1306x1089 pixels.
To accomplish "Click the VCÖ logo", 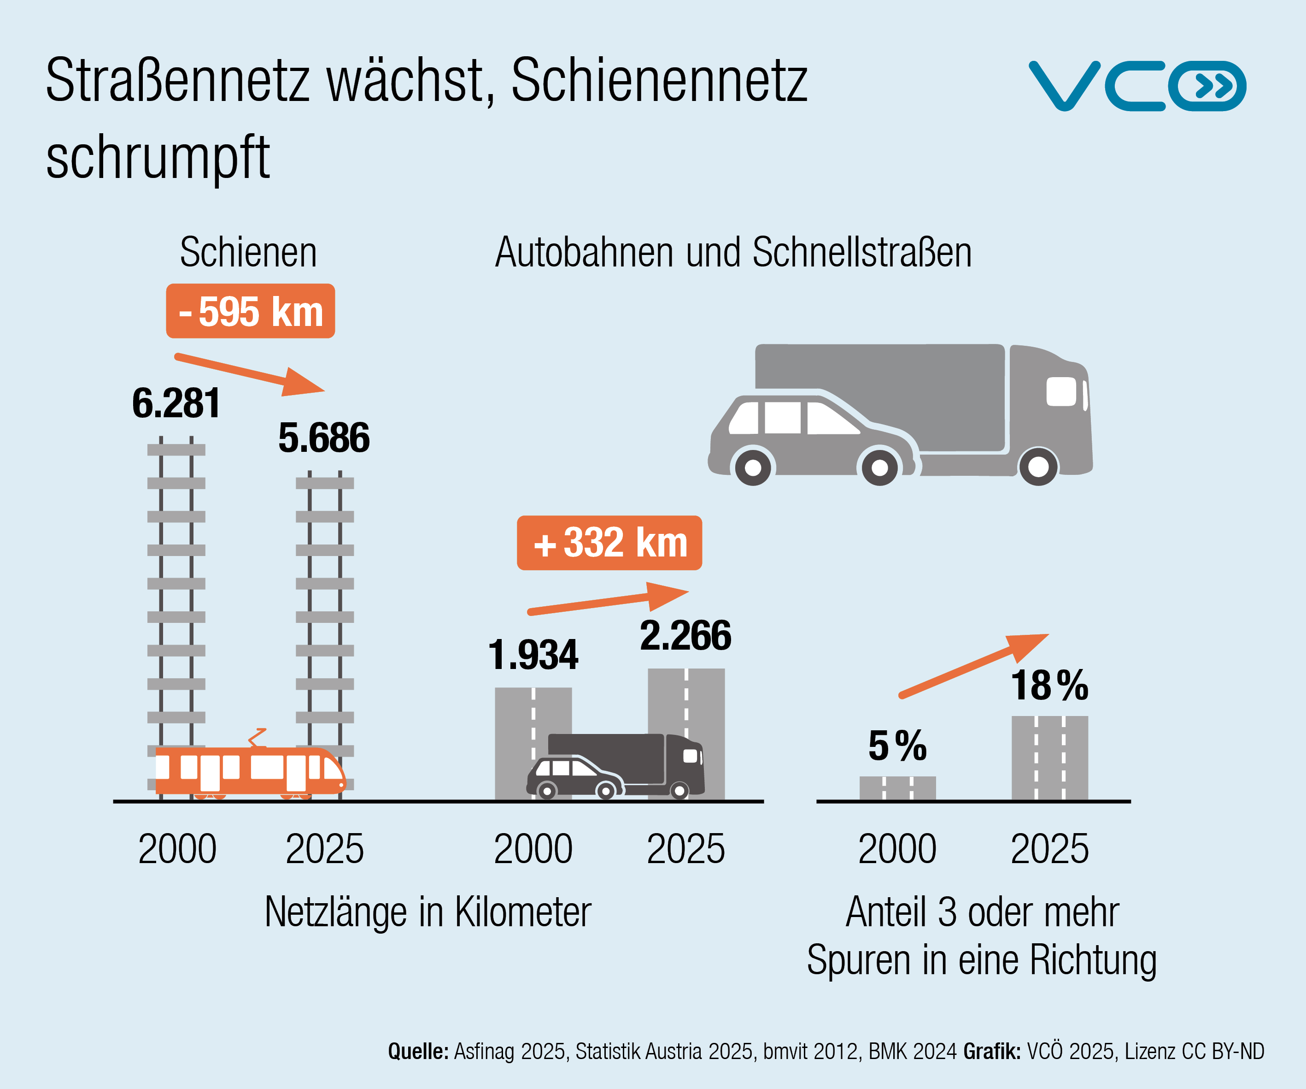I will (1137, 86).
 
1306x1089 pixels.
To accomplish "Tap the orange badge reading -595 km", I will (250, 311).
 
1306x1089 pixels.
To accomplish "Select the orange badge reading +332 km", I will (609, 543).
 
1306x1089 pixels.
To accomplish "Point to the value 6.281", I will (176, 403).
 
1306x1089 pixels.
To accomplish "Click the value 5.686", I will (323, 438).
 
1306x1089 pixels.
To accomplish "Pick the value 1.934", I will (533, 655).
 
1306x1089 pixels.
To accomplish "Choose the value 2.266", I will (685, 635).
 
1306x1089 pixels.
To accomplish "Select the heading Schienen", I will (248, 253).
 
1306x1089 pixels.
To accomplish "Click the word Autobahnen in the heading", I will (583, 253).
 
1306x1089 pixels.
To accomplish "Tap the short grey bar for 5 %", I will (897, 788).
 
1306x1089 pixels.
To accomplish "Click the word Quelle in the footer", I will (418, 1051).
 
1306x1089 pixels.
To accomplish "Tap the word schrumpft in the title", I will (158, 157).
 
